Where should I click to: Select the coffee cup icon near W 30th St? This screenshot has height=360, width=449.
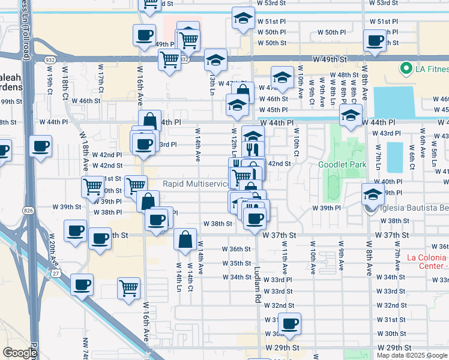[291, 323]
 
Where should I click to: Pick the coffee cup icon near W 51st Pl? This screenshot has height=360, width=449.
[375, 40]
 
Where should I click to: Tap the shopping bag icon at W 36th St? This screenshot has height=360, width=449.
[185, 239]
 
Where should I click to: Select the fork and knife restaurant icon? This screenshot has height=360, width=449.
[252, 148]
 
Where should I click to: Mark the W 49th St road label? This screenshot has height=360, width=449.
[331, 60]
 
